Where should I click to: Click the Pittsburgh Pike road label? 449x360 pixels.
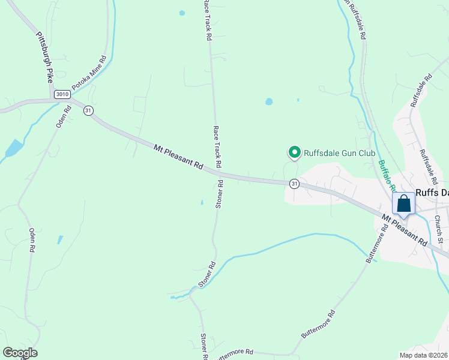[43, 56]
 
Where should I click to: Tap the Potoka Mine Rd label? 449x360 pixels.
[89, 73]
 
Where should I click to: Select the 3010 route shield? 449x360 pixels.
[61, 94]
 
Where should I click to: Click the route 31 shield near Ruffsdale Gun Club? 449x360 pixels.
[294, 184]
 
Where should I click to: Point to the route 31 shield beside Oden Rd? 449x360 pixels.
[88, 110]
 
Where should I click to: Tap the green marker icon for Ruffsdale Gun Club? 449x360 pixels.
[295, 153]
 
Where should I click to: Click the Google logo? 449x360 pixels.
[20, 353]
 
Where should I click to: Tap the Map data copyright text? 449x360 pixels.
[424, 355]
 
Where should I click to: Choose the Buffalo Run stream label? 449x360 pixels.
[386, 176]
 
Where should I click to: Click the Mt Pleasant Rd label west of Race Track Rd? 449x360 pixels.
[178, 156]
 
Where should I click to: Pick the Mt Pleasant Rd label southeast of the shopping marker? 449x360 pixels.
[405, 230]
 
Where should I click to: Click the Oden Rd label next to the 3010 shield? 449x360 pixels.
[64, 117]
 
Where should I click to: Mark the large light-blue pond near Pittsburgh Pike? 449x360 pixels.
[13, 148]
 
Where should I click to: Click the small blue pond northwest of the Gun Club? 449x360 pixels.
[269, 101]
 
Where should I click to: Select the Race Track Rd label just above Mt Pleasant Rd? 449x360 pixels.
[217, 147]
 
